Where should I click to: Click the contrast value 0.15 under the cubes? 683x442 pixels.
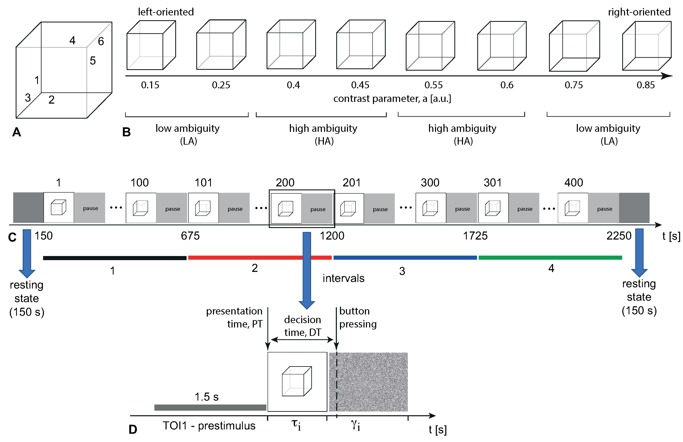pyautogui.click(x=150, y=85)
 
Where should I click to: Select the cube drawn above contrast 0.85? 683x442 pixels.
pyautogui.click(x=647, y=46)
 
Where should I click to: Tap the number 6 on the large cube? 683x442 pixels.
pyautogui.click(x=101, y=41)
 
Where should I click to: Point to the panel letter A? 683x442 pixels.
pyautogui.click(x=17, y=132)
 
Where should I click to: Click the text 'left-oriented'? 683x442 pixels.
pyautogui.click(x=166, y=12)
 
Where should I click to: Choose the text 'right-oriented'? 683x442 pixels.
pyautogui.click(x=639, y=12)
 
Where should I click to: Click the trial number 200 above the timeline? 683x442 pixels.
pyautogui.click(x=285, y=183)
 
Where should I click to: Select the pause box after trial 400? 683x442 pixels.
pyautogui.click(x=604, y=209)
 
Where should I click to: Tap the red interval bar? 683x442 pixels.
pyautogui.click(x=260, y=258)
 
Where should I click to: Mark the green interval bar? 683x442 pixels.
pyautogui.click(x=550, y=258)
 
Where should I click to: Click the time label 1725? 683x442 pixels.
pyautogui.click(x=475, y=236)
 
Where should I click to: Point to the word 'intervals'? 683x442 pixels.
pyautogui.click(x=343, y=278)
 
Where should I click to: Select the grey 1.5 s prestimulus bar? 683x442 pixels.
pyautogui.click(x=210, y=407)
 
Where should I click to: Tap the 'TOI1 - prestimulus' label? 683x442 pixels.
pyautogui.click(x=209, y=426)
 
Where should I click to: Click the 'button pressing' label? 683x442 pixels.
pyautogui.click(x=357, y=318)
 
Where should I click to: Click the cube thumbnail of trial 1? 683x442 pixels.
pyautogui.click(x=59, y=208)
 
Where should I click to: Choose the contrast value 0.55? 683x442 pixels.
pyautogui.click(x=433, y=85)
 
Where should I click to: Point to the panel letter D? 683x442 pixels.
pyautogui.click(x=133, y=429)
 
